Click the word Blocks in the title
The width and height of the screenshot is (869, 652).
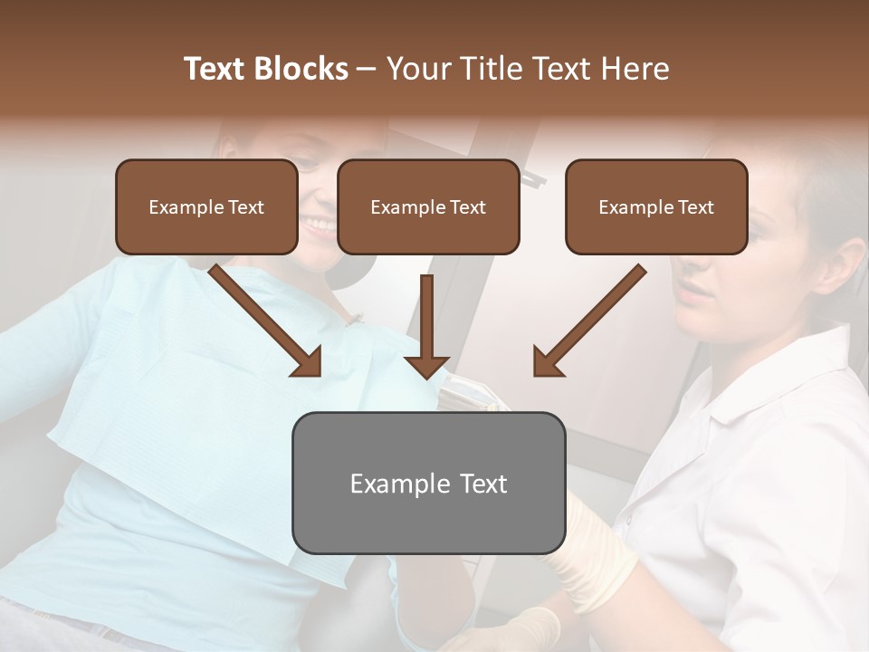(301, 69)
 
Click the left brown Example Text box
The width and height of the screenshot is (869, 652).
(206, 207)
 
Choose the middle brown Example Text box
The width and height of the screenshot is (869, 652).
(428, 207)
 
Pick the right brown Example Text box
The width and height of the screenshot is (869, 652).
(656, 207)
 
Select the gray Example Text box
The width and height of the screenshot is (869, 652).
(428, 484)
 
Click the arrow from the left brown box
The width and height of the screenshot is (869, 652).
(267, 321)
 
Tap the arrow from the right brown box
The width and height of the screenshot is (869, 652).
(588, 321)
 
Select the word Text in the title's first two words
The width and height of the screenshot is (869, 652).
(215, 69)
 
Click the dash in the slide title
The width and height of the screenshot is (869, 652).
(367, 69)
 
